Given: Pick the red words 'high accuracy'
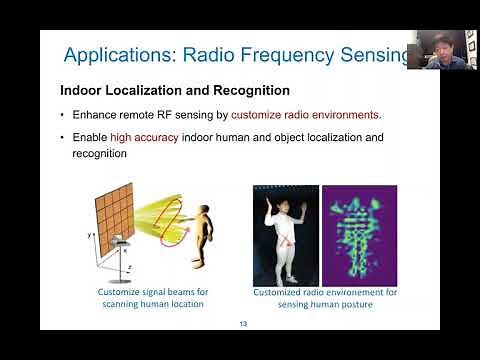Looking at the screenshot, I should [135, 137].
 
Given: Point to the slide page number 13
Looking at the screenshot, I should [243, 323].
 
